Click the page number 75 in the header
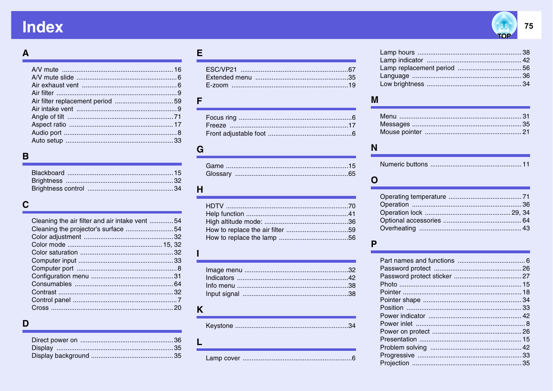coord(529,26)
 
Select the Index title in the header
coord(43,27)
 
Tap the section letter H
coord(200,190)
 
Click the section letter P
coord(374,244)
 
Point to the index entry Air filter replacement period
coord(72,101)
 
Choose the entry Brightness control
coord(58,189)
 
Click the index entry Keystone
coord(219,326)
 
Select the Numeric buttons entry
coord(404,164)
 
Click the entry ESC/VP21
coord(221,69)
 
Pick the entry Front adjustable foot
coord(235,134)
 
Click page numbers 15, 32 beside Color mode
coord(172,245)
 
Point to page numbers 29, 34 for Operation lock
coord(520,213)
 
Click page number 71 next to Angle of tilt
coord(178,117)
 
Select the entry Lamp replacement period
coord(417,68)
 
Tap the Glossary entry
coord(219,174)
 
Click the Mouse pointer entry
coord(401,132)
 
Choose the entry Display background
coord(60,356)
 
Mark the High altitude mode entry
coord(234,222)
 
